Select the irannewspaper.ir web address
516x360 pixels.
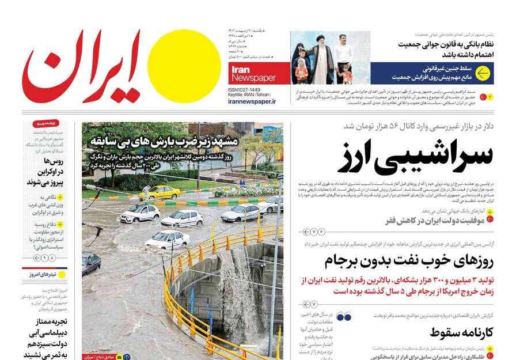[252, 101]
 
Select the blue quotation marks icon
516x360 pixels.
[344, 317]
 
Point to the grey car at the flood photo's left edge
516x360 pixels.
[90, 263]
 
